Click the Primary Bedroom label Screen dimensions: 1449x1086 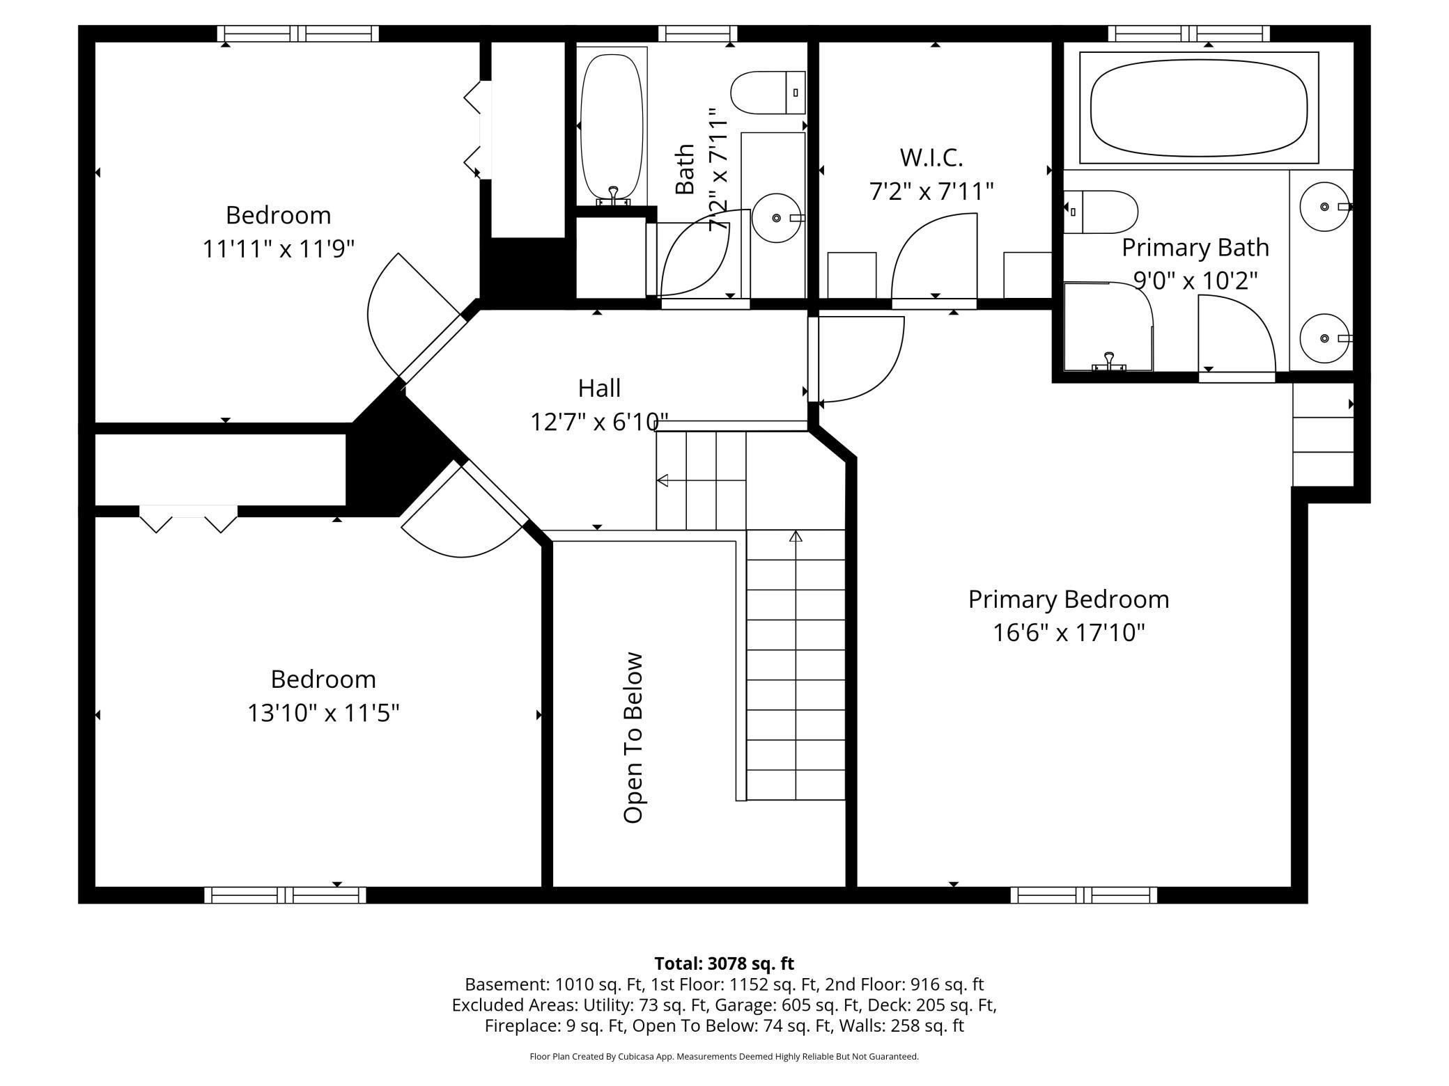coord(1069,599)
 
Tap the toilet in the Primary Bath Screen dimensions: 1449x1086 coord(1101,212)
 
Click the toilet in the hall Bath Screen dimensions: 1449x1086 coord(768,92)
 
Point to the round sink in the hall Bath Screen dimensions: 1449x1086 coord(777,218)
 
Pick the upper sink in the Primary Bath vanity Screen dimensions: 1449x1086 coord(1324,207)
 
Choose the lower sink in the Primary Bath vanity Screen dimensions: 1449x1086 coord(1324,338)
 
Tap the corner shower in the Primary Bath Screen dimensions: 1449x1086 coord(1108,326)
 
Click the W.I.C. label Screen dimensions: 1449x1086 coord(931,158)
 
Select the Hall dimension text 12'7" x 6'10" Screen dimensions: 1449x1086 coord(599,422)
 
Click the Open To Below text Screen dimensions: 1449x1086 coord(633,738)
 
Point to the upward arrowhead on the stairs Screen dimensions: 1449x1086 coord(796,536)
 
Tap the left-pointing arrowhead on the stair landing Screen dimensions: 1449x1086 coord(662,480)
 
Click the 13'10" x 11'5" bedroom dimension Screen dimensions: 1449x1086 coord(323,713)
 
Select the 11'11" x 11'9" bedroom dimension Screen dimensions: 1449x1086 coord(279,249)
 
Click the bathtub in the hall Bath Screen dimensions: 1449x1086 coord(612,126)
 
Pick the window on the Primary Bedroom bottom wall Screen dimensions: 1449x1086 coord(1083,895)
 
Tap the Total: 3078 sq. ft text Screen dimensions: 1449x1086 coord(724,963)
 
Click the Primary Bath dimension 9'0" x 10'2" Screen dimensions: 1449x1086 coord(1195,281)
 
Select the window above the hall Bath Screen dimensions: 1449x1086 coord(697,33)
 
